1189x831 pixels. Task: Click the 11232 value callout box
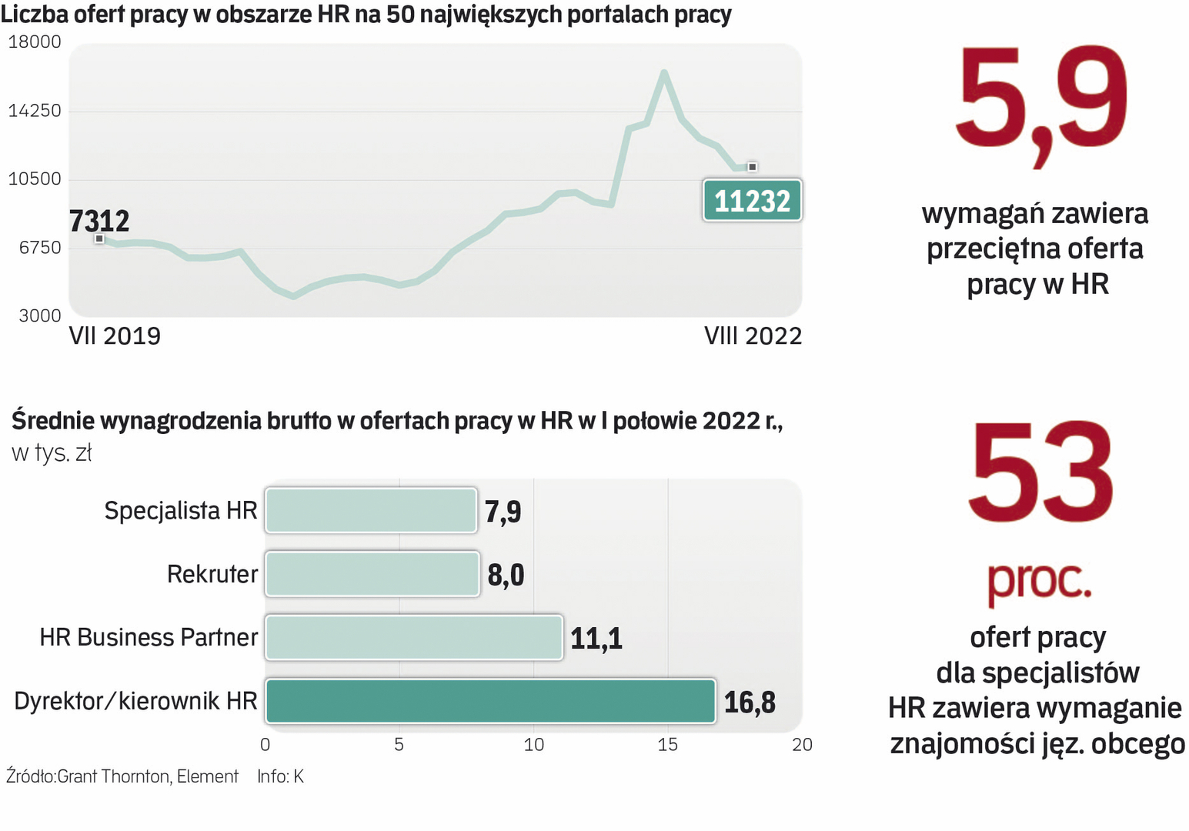click(752, 201)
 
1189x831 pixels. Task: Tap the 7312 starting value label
click(99, 221)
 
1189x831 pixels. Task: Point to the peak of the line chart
click(664, 72)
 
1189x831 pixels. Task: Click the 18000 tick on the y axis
click(35, 42)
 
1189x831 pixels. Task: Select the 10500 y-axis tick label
click(35, 179)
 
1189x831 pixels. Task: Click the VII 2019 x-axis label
click(115, 336)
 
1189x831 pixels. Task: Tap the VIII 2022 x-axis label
click(753, 336)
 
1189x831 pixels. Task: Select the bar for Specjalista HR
click(371, 511)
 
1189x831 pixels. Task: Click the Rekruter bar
click(372, 574)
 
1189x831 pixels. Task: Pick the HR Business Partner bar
click(414, 638)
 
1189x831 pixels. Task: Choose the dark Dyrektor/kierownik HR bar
click(490, 701)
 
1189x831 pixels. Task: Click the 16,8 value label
click(750, 703)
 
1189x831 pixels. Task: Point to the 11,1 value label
click(596, 639)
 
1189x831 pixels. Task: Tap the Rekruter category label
click(212, 574)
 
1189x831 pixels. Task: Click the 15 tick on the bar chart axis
click(667, 745)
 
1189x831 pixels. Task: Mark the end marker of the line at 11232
click(752, 167)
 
